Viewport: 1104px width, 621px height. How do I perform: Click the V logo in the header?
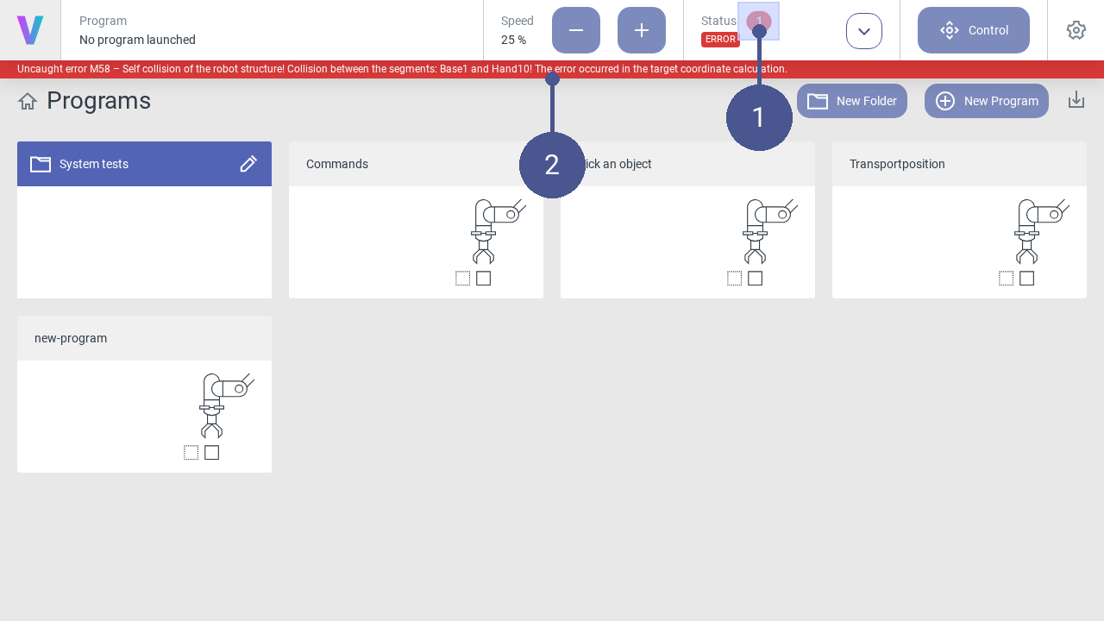click(x=30, y=30)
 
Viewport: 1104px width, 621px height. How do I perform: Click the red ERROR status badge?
click(x=720, y=40)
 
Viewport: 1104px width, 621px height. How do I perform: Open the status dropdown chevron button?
click(x=864, y=31)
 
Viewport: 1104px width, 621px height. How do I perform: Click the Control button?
click(x=974, y=30)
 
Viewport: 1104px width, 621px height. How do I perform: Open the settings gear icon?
click(x=1076, y=30)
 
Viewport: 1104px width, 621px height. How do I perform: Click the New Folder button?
click(x=851, y=101)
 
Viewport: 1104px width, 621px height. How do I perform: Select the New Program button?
click(x=986, y=101)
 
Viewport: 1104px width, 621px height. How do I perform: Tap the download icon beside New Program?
click(x=1076, y=99)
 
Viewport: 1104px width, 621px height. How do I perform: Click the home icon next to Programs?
click(x=28, y=102)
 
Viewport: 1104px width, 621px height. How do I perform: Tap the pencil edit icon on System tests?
click(x=248, y=164)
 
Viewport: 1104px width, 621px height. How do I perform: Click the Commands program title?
click(x=337, y=164)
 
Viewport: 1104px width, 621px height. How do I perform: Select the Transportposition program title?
click(x=897, y=164)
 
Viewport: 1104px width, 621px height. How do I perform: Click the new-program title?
click(x=71, y=339)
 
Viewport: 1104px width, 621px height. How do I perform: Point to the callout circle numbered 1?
click(x=759, y=117)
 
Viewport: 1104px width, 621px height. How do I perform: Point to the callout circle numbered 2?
click(x=552, y=165)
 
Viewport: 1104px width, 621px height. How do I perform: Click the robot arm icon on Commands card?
click(x=499, y=231)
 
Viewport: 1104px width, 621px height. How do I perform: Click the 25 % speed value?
click(x=513, y=40)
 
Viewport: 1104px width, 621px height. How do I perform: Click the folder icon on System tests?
click(x=41, y=164)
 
